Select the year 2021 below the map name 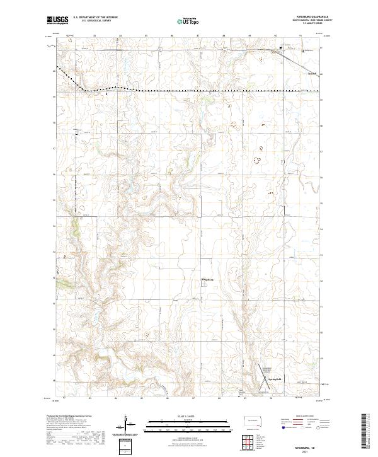coord(305,451)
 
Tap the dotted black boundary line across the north coord(189,91)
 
